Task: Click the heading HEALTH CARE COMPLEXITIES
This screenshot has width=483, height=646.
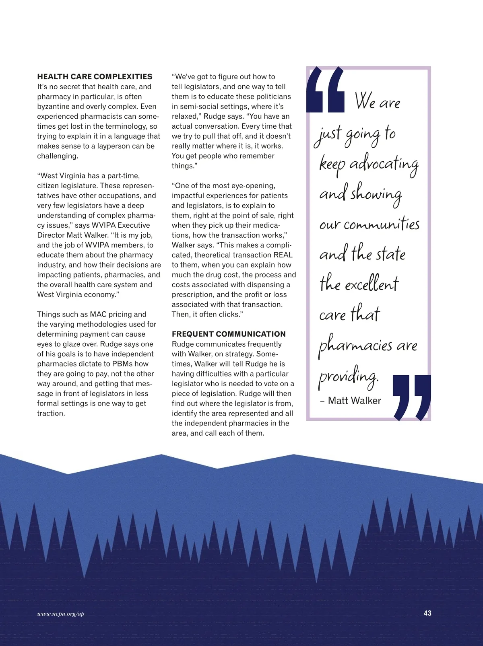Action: [95, 76]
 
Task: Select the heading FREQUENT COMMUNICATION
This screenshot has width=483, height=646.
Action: [229, 334]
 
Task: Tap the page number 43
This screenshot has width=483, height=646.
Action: [427, 613]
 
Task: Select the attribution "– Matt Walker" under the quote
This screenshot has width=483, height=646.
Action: [351, 401]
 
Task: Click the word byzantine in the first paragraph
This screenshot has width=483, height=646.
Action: [53, 107]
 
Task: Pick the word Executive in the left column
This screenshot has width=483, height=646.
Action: [134, 225]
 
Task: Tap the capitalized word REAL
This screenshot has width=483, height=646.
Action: [283, 255]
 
